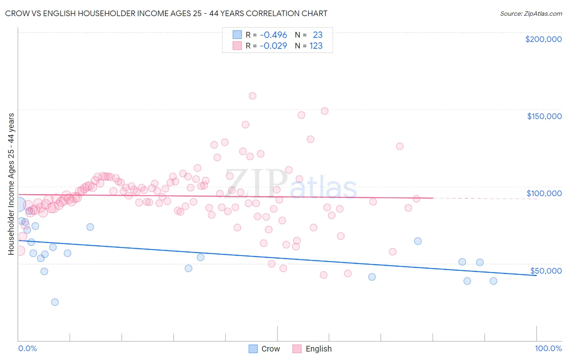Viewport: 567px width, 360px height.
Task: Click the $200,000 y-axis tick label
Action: tap(543, 39)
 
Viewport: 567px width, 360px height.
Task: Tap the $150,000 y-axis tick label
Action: tap(544, 116)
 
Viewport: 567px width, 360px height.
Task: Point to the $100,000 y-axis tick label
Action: tap(544, 193)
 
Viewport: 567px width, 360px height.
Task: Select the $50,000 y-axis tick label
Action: tap(546, 271)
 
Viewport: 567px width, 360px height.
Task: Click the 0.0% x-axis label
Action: tap(27, 348)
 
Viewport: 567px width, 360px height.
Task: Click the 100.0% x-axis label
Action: tap(548, 348)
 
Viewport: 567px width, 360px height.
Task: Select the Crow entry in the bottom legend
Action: tap(270, 349)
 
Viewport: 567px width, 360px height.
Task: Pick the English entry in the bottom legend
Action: tap(318, 349)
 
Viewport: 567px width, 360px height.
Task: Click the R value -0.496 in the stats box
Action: tap(273, 35)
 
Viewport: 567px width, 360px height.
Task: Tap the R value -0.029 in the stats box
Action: tap(273, 46)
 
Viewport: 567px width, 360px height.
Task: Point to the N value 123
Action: tap(316, 46)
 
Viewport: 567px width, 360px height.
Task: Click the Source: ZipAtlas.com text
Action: tap(531, 13)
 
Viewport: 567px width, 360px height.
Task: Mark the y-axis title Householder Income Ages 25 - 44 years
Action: tap(11, 184)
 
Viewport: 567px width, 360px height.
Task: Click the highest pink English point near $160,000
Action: tap(252, 96)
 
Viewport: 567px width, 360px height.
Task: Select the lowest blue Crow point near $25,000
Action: tap(55, 302)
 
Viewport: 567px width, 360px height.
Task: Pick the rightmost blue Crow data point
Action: tap(493, 281)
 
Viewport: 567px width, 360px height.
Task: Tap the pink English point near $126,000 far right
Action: tap(400, 146)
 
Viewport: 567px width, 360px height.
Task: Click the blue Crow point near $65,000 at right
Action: tap(418, 241)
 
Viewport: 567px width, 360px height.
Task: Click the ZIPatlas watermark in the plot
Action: tap(291, 184)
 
